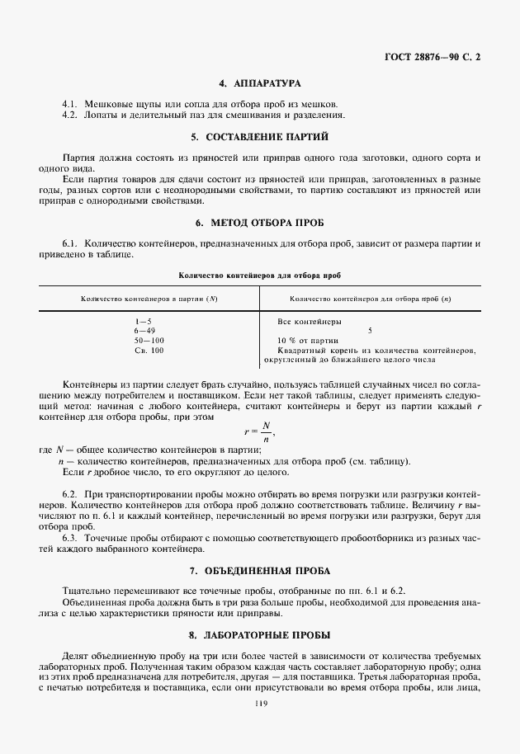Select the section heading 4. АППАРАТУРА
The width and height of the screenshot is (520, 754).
point(259,84)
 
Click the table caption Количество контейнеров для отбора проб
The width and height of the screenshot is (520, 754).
point(259,273)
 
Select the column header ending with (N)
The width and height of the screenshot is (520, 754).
point(149,298)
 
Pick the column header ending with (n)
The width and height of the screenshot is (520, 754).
point(371,298)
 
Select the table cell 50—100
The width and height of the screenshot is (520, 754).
point(149,341)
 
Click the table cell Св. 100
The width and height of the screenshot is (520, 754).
point(149,351)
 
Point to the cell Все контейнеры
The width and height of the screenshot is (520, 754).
point(310,321)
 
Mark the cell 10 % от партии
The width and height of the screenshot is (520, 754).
point(309,341)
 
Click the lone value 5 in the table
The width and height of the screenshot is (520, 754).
point(370,331)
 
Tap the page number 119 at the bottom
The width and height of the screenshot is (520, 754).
point(260,703)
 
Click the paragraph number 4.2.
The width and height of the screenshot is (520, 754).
point(69,115)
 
